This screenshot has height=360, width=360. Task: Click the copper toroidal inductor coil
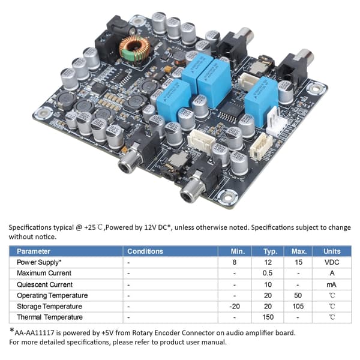[x=135, y=49]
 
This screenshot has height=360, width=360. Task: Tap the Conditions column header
[x=145, y=251]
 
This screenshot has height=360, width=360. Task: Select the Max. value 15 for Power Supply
[x=298, y=262]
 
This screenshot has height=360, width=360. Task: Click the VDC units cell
[x=332, y=262]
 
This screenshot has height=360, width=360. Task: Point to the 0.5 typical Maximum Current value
[x=268, y=273]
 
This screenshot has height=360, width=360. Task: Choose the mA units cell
[x=332, y=284]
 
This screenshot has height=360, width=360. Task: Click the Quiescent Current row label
[x=45, y=284]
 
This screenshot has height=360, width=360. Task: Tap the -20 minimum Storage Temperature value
[x=235, y=306]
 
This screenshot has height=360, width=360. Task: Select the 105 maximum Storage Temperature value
[x=298, y=306]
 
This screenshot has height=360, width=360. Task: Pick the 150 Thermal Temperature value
[x=268, y=317]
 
